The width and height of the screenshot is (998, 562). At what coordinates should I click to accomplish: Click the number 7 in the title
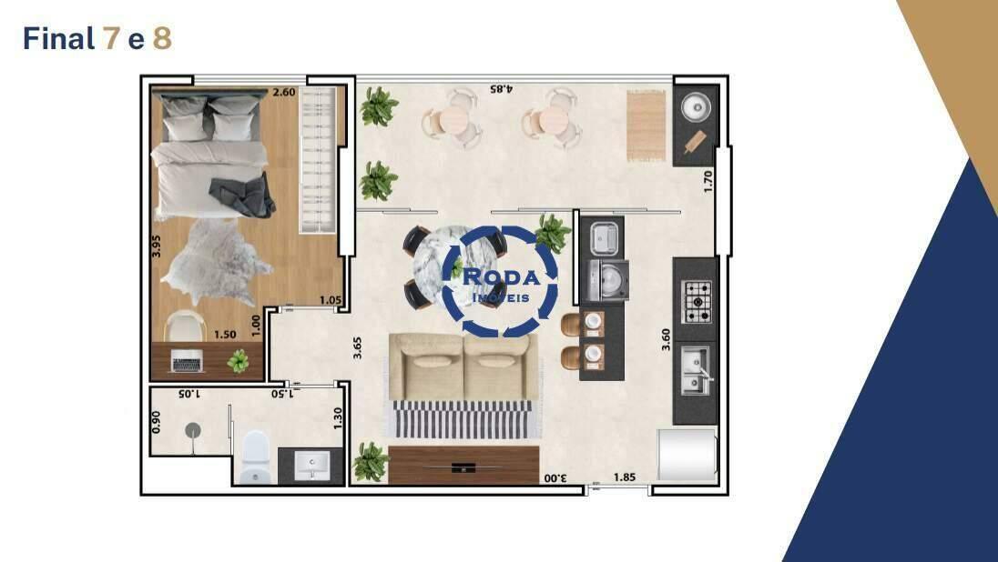pyautogui.click(x=110, y=39)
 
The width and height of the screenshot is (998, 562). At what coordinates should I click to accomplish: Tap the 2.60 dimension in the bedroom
pyautogui.click(x=284, y=92)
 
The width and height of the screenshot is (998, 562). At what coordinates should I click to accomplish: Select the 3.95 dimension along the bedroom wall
pyautogui.click(x=157, y=246)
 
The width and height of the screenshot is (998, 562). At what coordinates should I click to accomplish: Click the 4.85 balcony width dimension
pyautogui.click(x=502, y=89)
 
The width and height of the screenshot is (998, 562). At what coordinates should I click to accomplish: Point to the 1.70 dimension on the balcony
pyautogui.click(x=708, y=181)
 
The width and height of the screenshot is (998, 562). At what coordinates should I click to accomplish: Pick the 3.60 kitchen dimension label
pyautogui.click(x=666, y=339)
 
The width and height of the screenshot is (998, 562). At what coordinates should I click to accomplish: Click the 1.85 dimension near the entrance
pyautogui.click(x=625, y=477)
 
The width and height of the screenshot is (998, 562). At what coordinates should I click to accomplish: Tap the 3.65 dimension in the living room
pyautogui.click(x=358, y=347)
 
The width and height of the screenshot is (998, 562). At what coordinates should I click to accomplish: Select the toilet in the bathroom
pyautogui.click(x=256, y=457)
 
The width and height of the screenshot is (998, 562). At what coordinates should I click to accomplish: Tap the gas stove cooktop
pyautogui.click(x=697, y=302)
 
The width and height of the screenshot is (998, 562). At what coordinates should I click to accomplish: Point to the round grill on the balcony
pyautogui.click(x=697, y=106)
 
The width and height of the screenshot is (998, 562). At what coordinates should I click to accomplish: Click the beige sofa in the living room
pyautogui.click(x=464, y=366)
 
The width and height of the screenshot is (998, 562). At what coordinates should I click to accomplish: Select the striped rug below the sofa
pyautogui.click(x=463, y=419)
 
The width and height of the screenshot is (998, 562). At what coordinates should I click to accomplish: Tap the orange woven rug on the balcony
pyautogui.click(x=646, y=125)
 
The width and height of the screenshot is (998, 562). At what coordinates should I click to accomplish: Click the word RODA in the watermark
pyautogui.click(x=502, y=277)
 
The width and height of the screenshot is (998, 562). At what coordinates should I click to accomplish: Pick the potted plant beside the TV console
pyautogui.click(x=372, y=462)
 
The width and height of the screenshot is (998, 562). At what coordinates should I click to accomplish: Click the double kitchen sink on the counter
pyautogui.click(x=697, y=370)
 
